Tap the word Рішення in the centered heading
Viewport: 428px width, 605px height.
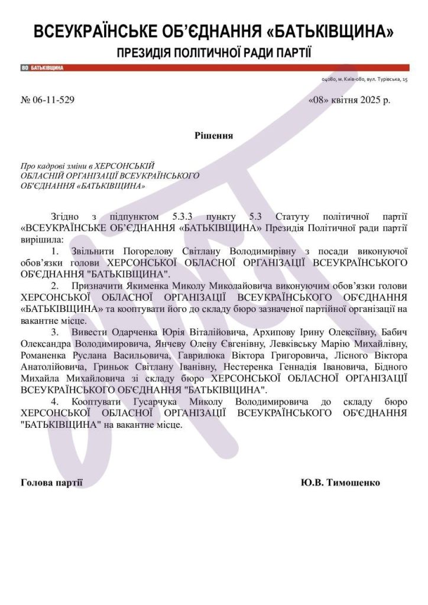pyautogui.click(x=213, y=135)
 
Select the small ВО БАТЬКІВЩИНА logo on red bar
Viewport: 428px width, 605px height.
pyautogui.click(x=43, y=68)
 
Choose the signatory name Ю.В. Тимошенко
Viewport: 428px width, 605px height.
pyautogui.click(x=340, y=483)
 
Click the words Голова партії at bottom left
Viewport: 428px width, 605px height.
pyautogui.click(x=51, y=483)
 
